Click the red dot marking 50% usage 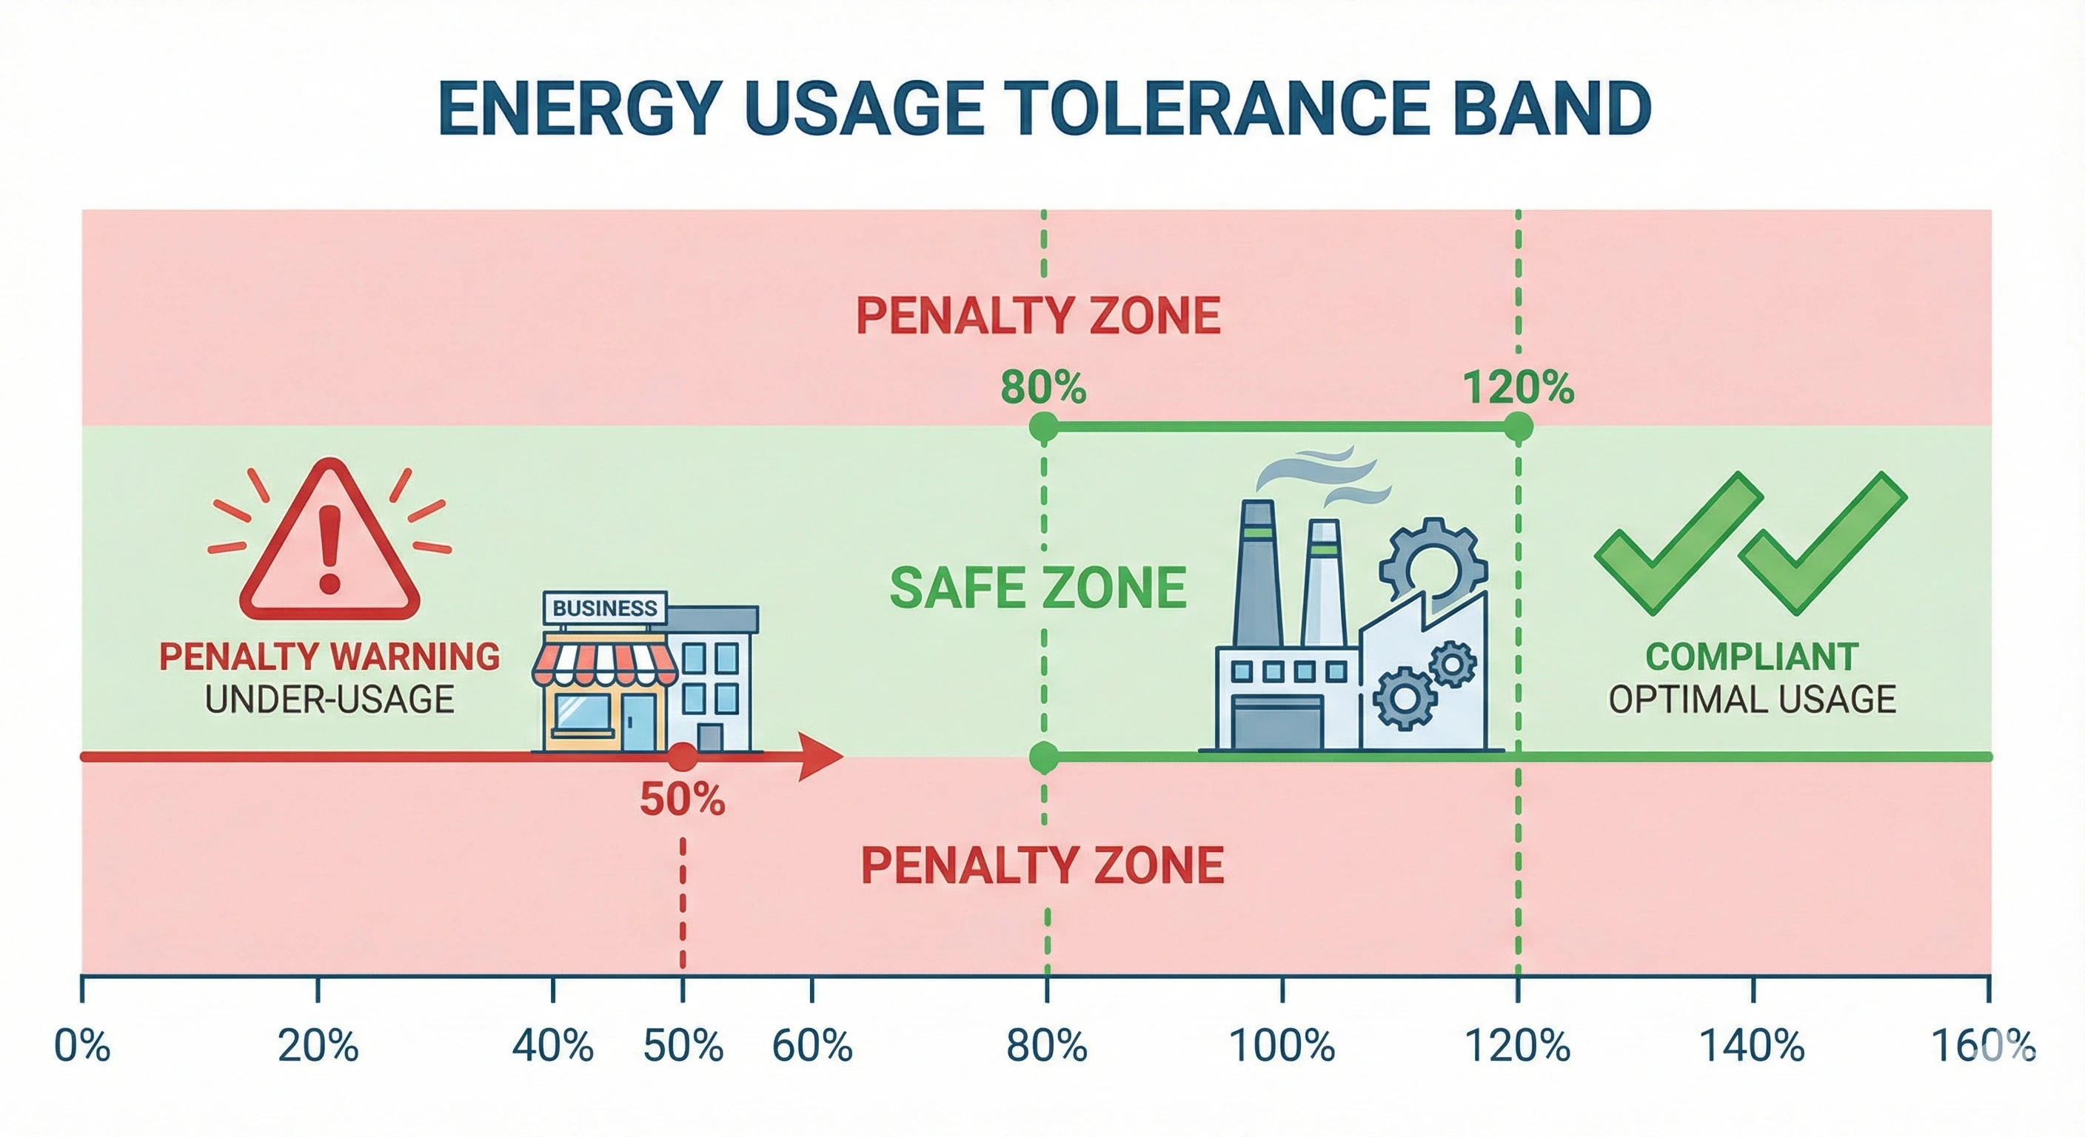point(683,757)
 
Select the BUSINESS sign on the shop point(605,608)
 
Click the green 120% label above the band point(1518,388)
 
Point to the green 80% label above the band point(1042,388)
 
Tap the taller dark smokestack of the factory point(1257,574)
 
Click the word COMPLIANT point(1752,657)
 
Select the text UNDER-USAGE point(329,700)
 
